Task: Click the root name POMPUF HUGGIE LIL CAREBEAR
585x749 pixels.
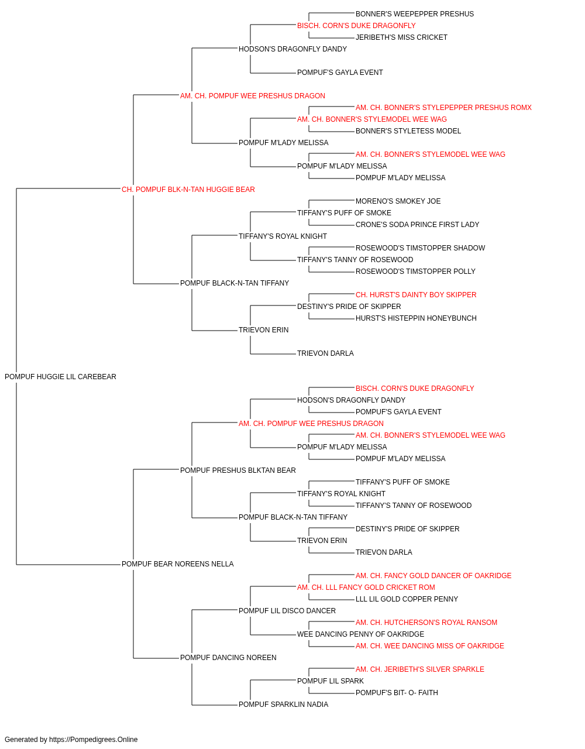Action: (60, 377)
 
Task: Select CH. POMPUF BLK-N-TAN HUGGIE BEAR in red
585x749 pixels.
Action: (188, 190)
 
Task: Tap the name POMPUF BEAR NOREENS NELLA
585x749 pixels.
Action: (177, 564)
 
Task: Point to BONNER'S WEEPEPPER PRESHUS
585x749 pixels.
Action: (414, 14)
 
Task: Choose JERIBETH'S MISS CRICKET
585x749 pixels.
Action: (401, 37)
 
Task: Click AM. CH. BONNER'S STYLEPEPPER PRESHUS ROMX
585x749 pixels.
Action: (443, 108)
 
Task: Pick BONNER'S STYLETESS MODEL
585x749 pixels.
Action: (408, 131)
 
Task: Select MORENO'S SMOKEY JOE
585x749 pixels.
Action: (398, 201)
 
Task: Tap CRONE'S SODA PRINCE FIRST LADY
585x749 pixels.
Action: (417, 225)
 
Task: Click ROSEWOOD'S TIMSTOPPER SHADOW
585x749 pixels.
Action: (420, 248)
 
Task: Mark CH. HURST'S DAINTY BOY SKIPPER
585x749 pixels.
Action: (416, 295)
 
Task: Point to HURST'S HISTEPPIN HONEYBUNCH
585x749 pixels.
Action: (416, 318)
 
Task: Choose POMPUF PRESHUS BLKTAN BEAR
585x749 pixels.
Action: (238, 470)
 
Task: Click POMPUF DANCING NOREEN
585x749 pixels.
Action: (228, 658)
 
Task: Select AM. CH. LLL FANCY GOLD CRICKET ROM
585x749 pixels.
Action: (366, 587)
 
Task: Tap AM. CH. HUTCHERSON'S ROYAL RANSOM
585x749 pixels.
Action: (426, 623)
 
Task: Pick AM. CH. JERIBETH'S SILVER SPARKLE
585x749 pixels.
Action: (419, 669)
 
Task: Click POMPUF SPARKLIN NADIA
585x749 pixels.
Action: (283, 705)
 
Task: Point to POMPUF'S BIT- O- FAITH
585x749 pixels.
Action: (397, 693)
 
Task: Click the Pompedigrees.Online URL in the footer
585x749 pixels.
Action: (94, 740)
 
